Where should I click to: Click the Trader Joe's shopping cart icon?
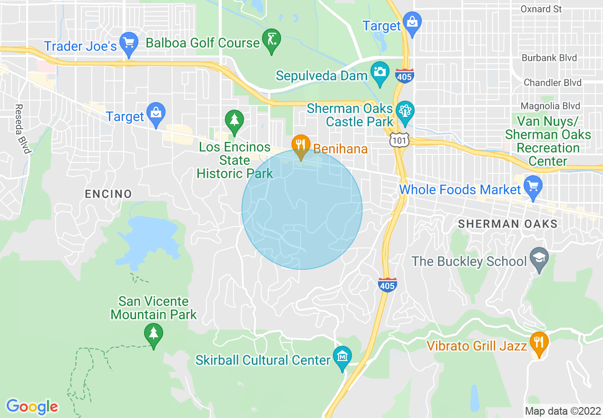128,43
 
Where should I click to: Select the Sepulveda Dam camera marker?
379,73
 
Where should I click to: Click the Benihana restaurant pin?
301,144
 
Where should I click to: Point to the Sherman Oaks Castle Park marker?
405,112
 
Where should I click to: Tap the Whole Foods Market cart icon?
533,186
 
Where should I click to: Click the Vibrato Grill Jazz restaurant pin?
539,342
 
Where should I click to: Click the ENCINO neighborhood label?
108,194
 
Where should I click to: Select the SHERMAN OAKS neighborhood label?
507,224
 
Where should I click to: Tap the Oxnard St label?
541,9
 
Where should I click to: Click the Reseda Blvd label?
22,129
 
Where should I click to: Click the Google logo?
32,406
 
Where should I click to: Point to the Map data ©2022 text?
562,411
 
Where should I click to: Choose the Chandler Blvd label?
552,83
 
